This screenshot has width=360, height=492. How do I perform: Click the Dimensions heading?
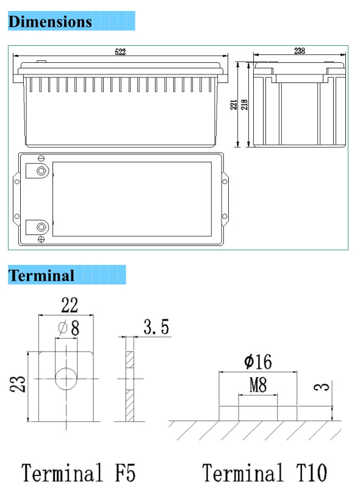click(x=50, y=21)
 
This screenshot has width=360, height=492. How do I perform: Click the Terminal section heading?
click(x=41, y=275)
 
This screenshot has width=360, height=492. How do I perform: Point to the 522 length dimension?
click(x=120, y=52)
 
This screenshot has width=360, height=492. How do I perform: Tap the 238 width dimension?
click(x=300, y=51)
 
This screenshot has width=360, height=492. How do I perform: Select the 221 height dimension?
click(x=234, y=105)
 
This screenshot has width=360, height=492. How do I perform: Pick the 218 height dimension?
click(x=244, y=104)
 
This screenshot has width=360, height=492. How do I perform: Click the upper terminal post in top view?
click(x=41, y=171)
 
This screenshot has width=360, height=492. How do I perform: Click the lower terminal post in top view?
click(x=41, y=227)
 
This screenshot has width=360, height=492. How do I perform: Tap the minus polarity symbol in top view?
click(x=41, y=158)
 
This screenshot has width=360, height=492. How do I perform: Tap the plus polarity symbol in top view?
click(x=41, y=240)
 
